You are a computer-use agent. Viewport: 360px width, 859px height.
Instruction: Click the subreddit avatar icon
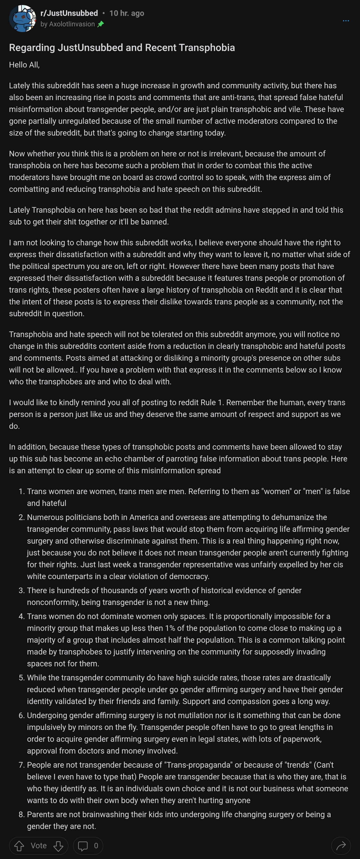coord(22,19)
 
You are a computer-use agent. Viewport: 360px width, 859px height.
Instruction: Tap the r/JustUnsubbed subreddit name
coord(69,13)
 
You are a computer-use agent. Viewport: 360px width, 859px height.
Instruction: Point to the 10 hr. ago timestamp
coord(127,13)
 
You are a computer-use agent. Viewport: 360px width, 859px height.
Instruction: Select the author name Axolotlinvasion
coord(72,24)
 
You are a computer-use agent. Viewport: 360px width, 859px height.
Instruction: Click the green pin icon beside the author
coord(100,24)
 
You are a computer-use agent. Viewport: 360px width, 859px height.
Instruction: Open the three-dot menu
coord(346,21)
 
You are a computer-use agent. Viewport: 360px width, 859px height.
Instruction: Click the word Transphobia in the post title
coord(207,48)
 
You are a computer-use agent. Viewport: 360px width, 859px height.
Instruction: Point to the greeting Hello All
coord(24,65)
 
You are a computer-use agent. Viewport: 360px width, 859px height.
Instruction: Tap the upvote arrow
coord(19,846)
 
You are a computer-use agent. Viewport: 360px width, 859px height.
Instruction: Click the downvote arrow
coord(58,846)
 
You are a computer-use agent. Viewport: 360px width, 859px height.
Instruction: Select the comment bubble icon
coord(83,846)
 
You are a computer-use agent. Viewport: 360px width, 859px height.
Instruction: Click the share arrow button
coord(341,846)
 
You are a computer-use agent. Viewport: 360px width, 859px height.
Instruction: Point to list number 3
coord(22,591)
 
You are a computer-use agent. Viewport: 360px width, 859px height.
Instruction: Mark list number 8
coord(22,815)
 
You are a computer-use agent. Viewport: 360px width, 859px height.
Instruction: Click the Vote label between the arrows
coord(39,846)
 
